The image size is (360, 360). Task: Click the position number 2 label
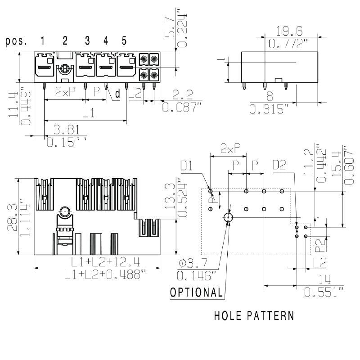pyautogui.click(x=65, y=41)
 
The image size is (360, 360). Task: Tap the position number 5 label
pyautogui.click(x=124, y=41)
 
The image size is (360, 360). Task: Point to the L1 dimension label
pyautogui.click(x=88, y=113)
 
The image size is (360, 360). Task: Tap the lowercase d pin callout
pyautogui.click(x=117, y=94)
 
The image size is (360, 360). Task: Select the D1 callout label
pyautogui.click(x=187, y=166)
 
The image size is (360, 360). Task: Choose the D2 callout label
pyautogui.click(x=279, y=166)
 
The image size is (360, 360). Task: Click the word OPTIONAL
pyautogui.click(x=197, y=292)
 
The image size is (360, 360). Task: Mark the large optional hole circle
pyautogui.click(x=228, y=218)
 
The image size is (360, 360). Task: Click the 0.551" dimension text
pyautogui.click(x=324, y=292)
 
